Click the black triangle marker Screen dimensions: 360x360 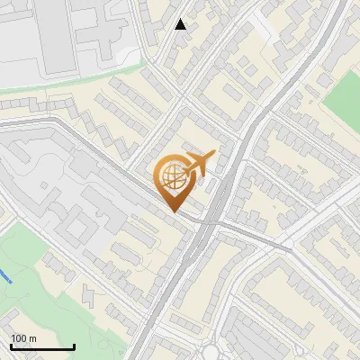tap(181, 24)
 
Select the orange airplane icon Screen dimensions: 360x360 tap(197, 165)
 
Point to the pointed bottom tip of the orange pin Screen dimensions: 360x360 tap(171, 212)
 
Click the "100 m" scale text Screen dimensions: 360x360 tap(24, 338)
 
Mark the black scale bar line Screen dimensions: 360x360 tap(42, 347)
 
